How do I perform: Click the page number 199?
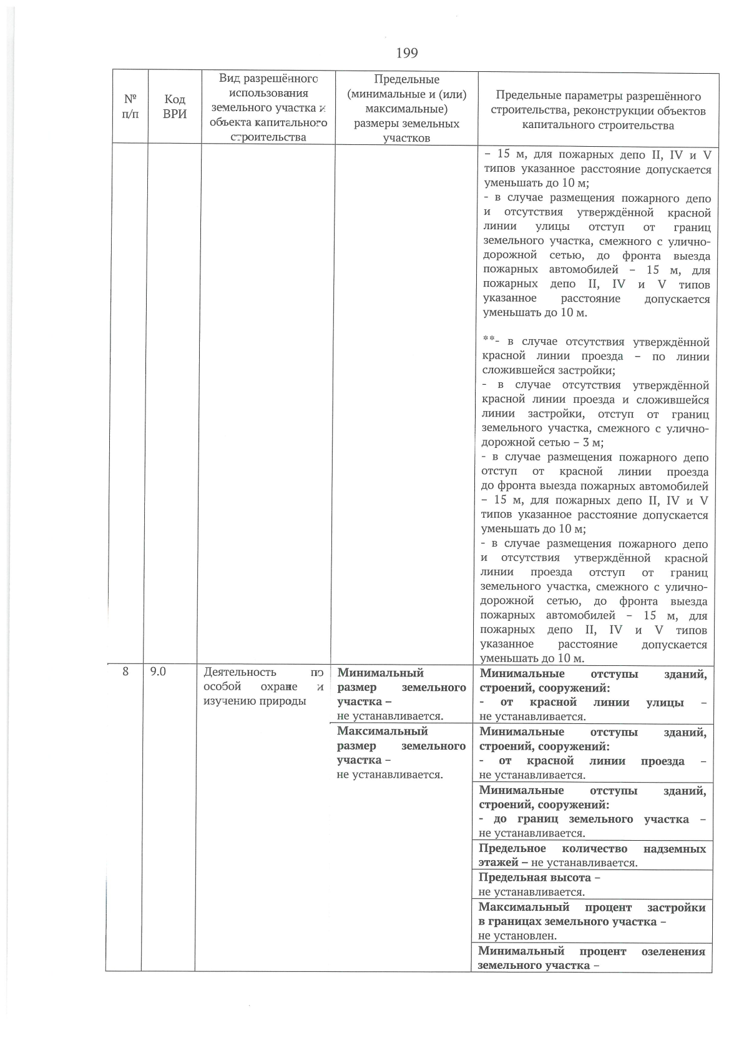[x=406, y=53]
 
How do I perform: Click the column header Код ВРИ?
[x=174, y=107]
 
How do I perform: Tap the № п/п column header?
[x=130, y=107]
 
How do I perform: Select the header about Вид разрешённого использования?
[x=268, y=107]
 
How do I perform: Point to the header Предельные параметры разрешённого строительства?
[x=597, y=111]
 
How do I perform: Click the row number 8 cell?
[x=125, y=671]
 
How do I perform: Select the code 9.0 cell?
[x=158, y=671]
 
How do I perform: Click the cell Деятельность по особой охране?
[x=263, y=686]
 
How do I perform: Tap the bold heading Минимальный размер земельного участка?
[x=401, y=687]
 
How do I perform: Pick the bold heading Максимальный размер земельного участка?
[x=401, y=745]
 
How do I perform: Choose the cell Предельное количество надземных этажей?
[x=592, y=855]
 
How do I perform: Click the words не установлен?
[x=517, y=936]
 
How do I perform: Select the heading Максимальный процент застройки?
[x=592, y=914]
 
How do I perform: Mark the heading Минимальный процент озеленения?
[x=591, y=958]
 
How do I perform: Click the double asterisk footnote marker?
[x=488, y=341]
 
